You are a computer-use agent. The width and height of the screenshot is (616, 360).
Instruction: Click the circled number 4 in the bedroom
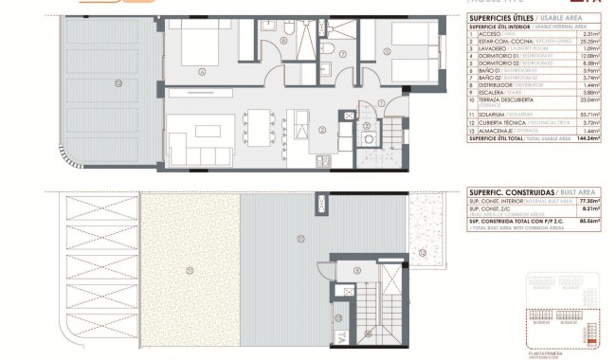[201, 71]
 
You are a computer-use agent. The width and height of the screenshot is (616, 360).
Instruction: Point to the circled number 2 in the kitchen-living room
[322, 129]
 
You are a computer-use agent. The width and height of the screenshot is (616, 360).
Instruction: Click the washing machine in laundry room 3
[366, 135]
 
